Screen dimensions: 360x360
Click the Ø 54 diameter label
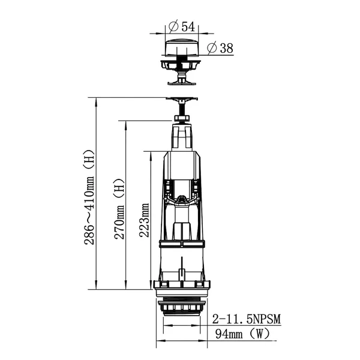click(x=182, y=26)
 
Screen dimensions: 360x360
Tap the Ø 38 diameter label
click(x=220, y=48)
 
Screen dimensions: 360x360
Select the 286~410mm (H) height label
click(x=89, y=197)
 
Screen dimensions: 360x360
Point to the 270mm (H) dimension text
click(x=119, y=208)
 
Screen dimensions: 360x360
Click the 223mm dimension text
click(x=144, y=220)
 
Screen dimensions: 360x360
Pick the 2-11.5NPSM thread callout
click(x=247, y=319)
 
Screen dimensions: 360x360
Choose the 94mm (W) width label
click(x=242, y=334)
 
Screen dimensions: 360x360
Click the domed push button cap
click(x=182, y=47)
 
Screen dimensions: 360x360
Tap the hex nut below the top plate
click(x=182, y=118)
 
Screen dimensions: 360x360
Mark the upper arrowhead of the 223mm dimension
click(x=151, y=155)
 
